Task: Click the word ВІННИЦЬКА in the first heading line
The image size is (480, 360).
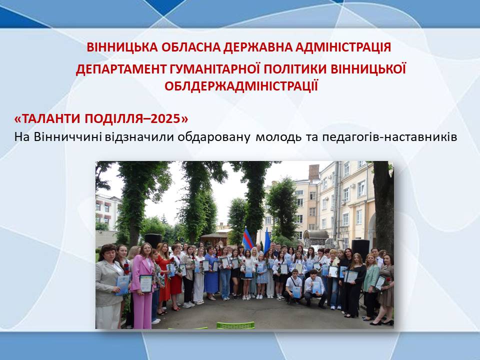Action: pyautogui.click(x=122, y=47)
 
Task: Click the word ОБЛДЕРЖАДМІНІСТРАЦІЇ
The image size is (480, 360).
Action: pyautogui.click(x=241, y=86)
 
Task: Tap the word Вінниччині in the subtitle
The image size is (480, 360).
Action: pyautogui.click(x=67, y=137)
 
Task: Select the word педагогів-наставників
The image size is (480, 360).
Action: pyautogui.click(x=389, y=137)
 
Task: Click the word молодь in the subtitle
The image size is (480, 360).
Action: pyautogui.click(x=278, y=137)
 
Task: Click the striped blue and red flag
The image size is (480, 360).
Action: pyautogui.click(x=247, y=239)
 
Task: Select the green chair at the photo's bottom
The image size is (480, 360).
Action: pyautogui.click(x=235, y=325)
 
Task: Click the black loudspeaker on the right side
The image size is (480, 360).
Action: pyautogui.click(x=360, y=249)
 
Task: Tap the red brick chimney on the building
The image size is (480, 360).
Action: pyautogui.click(x=314, y=172)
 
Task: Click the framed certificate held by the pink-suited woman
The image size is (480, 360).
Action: pyautogui.click(x=146, y=283)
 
